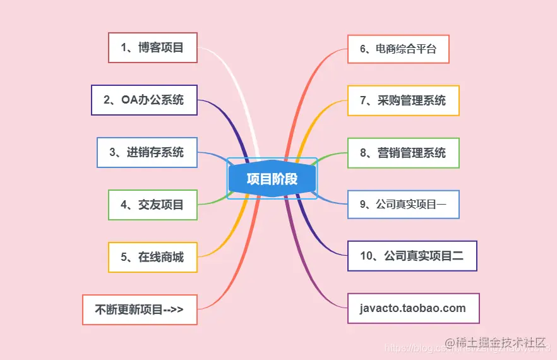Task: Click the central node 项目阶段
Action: (272, 179)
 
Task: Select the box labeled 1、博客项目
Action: (152, 47)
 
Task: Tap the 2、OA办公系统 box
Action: (144, 100)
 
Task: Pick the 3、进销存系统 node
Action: (147, 152)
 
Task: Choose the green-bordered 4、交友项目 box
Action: (152, 205)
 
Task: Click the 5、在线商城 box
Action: (152, 257)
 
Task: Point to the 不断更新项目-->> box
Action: (140, 309)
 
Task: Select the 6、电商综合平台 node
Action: (398, 49)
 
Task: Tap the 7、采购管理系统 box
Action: (403, 100)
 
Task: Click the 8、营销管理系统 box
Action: (403, 153)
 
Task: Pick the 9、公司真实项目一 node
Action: (403, 204)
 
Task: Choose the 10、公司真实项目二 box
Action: (412, 256)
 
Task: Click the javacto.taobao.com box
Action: (413, 308)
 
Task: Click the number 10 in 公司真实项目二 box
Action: (368, 256)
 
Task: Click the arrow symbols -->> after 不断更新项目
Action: (173, 309)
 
